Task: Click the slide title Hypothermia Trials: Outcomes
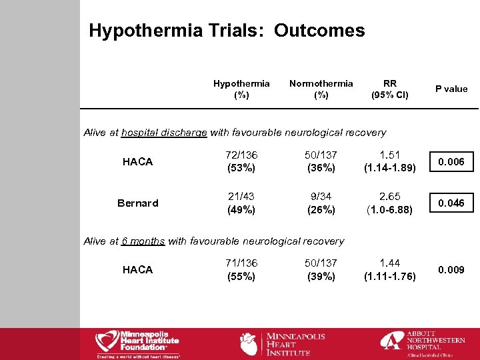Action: [x=227, y=31]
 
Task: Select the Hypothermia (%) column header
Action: [x=241, y=89]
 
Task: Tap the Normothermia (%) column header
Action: [x=321, y=89]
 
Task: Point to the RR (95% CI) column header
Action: [x=390, y=89]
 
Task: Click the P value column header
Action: [x=451, y=89]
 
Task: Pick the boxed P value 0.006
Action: [x=451, y=161]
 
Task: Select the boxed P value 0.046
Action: [x=451, y=203]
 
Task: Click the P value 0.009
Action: [x=451, y=269]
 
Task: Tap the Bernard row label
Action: [x=138, y=203]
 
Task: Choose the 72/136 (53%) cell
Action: [x=241, y=161]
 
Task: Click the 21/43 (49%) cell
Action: [x=241, y=203]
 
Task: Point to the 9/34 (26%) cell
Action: [x=321, y=203]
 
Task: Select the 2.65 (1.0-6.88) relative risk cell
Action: [x=390, y=203]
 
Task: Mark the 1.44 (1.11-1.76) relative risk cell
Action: [x=390, y=269]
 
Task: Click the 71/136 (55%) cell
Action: [x=241, y=269]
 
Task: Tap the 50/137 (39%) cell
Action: [x=321, y=269]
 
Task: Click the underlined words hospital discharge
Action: [x=164, y=133]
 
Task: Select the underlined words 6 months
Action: [x=143, y=241]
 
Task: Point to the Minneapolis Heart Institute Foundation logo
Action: [x=138, y=343]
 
